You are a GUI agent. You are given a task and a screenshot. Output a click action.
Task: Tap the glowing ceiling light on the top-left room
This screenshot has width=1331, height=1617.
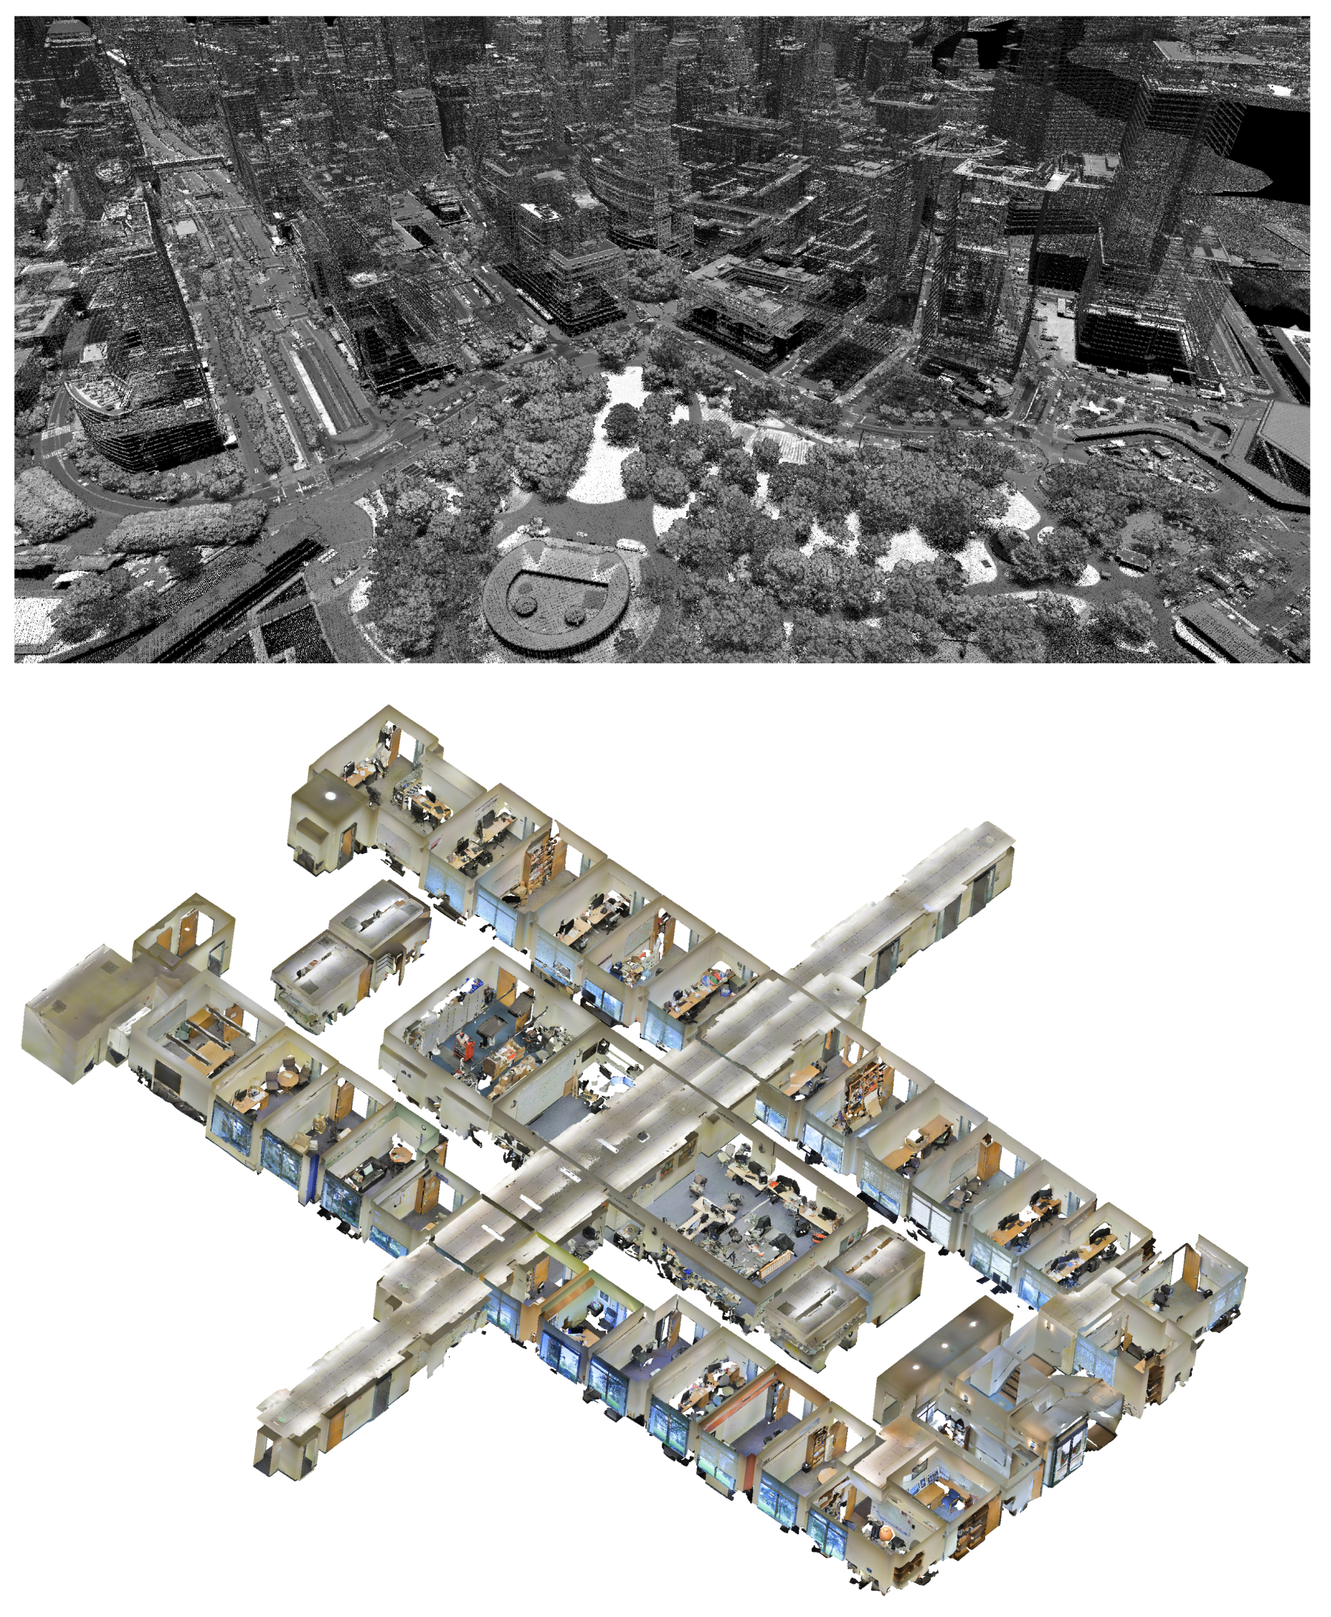pos(330,795)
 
